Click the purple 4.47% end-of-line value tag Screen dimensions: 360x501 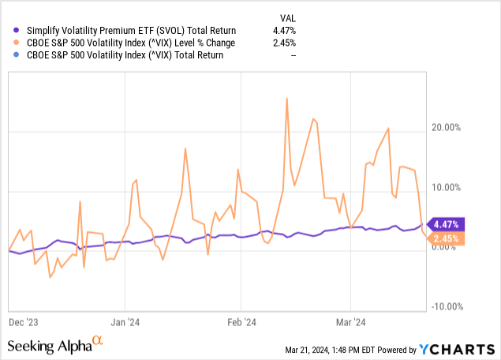pos(447,223)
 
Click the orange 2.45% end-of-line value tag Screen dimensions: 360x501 pos(447,238)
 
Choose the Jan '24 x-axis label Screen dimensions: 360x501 pos(126,322)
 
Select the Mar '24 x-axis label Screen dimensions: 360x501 pos(350,322)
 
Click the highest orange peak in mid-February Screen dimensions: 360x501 pos(286,98)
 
